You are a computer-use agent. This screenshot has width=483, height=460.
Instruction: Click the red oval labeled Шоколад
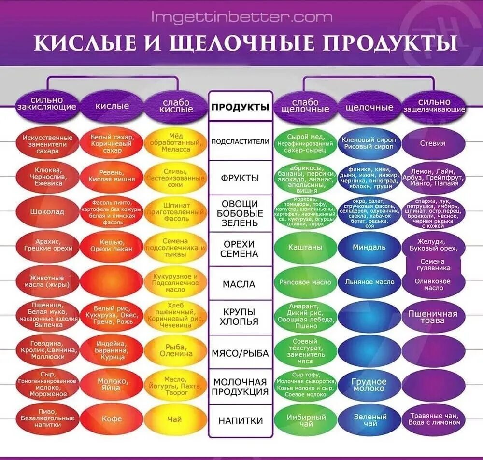click(47, 211)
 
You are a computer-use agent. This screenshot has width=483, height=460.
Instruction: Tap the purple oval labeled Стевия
click(433, 143)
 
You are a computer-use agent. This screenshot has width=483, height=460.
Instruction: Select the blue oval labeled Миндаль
click(369, 247)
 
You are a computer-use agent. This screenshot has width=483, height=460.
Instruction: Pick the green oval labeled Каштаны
click(305, 247)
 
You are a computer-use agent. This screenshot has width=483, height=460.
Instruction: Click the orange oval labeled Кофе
click(111, 419)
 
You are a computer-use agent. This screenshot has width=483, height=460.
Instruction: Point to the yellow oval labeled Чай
click(175, 419)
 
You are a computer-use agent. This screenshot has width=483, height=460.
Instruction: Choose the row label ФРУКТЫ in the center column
click(241, 178)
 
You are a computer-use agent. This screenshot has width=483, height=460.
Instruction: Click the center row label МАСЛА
click(241, 284)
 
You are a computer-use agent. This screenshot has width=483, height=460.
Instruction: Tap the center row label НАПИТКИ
click(241, 420)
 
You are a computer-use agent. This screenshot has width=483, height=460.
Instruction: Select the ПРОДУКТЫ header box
click(241, 107)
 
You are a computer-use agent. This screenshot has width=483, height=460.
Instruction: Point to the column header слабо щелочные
click(305, 106)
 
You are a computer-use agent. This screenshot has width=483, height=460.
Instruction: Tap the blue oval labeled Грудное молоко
click(369, 385)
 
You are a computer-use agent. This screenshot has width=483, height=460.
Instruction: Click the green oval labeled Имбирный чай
click(305, 420)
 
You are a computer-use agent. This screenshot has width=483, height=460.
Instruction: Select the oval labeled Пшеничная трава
click(433, 317)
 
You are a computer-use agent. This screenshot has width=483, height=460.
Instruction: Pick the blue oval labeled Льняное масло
click(369, 282)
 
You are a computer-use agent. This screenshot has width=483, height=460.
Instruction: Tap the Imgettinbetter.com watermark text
click(241, 17)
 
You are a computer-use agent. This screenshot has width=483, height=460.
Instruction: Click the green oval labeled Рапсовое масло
click(305, 282)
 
